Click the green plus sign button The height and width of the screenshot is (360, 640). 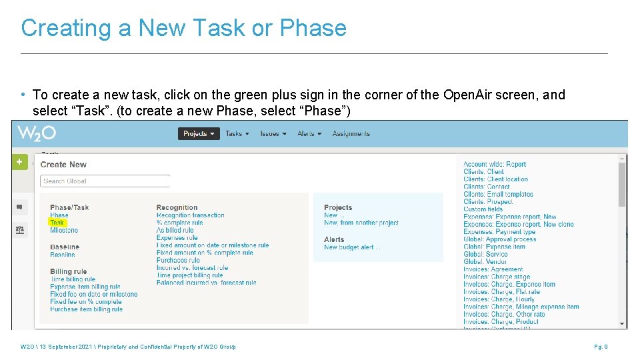pos(19,162)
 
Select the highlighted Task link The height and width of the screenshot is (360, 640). pos(57,223)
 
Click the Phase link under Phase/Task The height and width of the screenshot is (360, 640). pos(59,215)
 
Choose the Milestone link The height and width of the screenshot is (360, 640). pos(64,230)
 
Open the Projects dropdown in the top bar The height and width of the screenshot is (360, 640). pos(199,133)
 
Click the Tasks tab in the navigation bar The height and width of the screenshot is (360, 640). pos(237,133)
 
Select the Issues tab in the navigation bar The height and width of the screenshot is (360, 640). pos(273,133)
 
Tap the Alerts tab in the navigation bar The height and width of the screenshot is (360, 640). pos(309,133)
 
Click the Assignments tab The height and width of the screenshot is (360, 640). pos(351,133)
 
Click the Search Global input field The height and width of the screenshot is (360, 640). pos(105,181)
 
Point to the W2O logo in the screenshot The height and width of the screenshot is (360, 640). pos(37,133)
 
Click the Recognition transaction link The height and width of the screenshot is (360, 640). pos(191,215)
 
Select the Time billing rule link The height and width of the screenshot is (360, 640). pos(73,279)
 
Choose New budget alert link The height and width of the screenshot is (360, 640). pos(352,247)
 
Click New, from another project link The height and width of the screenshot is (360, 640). pos(361,223)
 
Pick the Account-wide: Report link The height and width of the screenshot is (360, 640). pos(495,164)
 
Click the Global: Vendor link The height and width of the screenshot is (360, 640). pos(485,262)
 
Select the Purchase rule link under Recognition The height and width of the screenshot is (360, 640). pos(178,260)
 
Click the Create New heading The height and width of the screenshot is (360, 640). pos(63,165)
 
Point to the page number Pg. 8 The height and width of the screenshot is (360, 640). pos(601,347)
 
